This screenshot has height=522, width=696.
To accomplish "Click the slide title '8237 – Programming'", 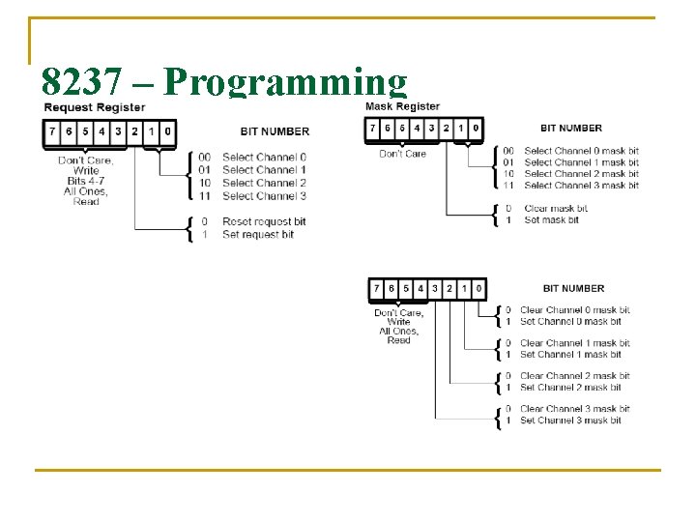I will coord(224,83).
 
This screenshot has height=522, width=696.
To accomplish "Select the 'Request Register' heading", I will coord(94,107).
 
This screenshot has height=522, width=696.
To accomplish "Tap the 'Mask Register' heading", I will coord(402,106).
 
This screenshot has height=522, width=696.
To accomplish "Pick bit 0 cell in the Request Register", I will coord(167,131).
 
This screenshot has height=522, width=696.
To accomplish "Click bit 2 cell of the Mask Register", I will coord(445,128).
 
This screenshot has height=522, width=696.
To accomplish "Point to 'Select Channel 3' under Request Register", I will coord(264,196).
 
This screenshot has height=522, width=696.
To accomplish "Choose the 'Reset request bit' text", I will coord(264,222).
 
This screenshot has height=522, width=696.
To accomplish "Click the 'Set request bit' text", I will coord(258,235).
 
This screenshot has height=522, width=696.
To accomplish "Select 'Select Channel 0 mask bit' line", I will coord(581,151).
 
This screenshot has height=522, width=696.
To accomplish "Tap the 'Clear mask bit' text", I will coord(555,208).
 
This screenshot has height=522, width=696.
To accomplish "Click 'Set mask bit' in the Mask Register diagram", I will coord(551,220).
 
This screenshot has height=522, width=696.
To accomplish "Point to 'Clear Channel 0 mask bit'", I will coord(575,310).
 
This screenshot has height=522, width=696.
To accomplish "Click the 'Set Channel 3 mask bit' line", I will coord(570,420).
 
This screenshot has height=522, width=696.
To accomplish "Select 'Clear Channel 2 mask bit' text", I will coord(575,376).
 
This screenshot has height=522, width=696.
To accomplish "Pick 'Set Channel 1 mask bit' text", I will coord(570,355).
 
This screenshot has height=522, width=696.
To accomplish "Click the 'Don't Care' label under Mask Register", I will coord(402,154).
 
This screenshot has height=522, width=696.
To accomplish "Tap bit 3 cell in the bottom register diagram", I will coord(434,288).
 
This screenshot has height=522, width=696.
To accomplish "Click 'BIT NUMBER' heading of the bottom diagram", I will coord(573,288).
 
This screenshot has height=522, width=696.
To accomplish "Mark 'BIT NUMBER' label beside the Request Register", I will coord(275,131).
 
